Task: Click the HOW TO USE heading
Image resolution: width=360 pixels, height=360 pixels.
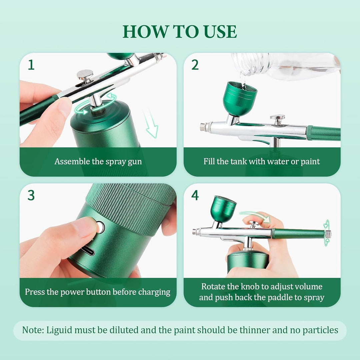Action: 180,31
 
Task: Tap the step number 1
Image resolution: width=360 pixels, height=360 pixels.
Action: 31,65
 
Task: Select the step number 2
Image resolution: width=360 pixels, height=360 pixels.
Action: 195,65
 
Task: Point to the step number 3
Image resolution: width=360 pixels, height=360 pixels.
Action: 31,195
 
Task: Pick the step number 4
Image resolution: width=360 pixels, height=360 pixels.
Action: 195,195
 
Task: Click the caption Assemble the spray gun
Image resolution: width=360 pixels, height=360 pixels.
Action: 98,162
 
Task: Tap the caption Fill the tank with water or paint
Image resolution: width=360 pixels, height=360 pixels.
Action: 262,161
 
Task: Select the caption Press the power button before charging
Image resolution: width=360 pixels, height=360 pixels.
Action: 98,292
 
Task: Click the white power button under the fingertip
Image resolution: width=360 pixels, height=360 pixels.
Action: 101,227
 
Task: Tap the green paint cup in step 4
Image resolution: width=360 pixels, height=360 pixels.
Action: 223,209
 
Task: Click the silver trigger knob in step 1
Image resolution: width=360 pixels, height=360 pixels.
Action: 85,76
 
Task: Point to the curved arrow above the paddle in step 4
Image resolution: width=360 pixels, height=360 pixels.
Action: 255,216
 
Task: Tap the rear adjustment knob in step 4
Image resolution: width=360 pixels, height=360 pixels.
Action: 328,234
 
